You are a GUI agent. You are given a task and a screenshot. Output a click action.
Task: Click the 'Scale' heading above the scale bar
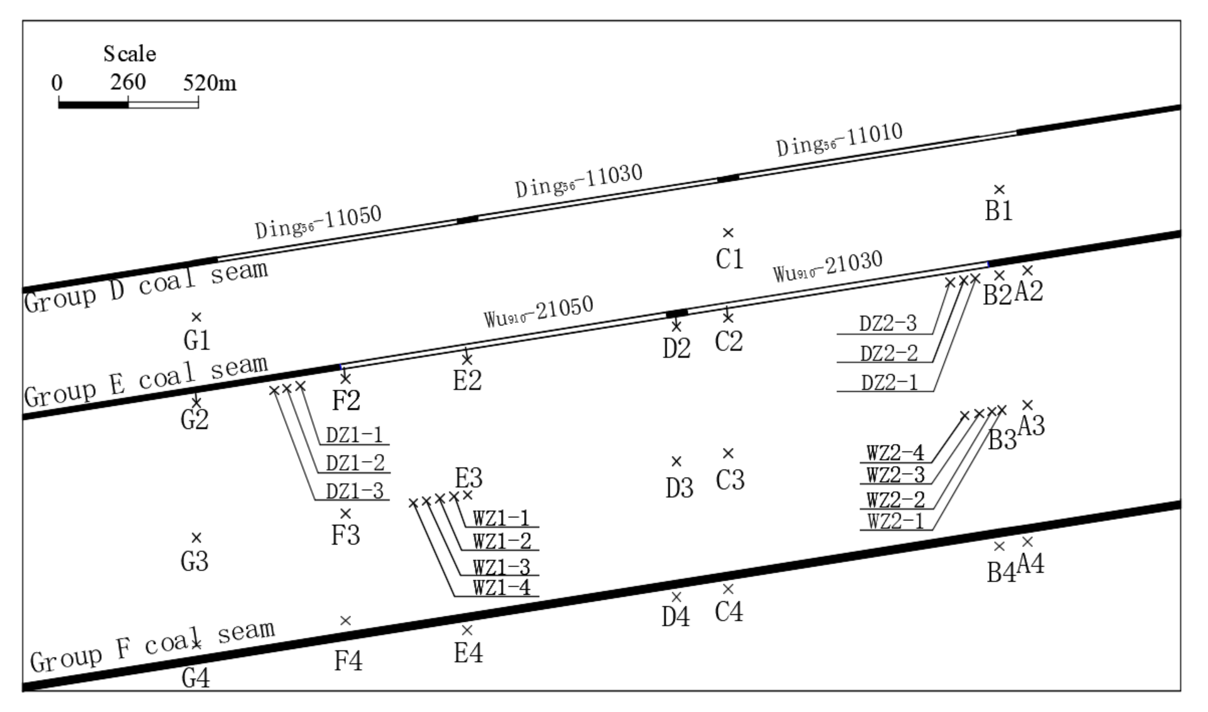tap(129, 54)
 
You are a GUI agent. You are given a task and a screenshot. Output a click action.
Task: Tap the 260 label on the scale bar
tap(128, 83)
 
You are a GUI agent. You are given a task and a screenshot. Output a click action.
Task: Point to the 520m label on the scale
tap(210, 84)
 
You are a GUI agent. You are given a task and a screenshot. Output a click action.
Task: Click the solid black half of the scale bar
tap(94, 104)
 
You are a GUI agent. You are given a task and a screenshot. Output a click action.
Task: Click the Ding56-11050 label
tap(318, 222)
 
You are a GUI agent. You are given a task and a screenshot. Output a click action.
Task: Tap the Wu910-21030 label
tap(828, 267)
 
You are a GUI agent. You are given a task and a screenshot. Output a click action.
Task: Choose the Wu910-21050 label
tap(538, 312)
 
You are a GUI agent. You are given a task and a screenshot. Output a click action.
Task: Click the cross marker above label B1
tap(999, 190)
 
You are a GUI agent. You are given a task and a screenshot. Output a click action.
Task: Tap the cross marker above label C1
tap(728, 233)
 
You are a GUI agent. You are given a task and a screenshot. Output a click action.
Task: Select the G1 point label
tap(197, 341)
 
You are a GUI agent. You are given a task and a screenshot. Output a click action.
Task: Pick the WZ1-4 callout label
tap(502, 588)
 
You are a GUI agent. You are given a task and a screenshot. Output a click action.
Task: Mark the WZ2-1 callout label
tap(896, 521)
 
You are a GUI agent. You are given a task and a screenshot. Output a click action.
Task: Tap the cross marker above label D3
tap(676, 461)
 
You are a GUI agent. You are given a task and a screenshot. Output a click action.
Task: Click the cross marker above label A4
tap(1027, 542)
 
